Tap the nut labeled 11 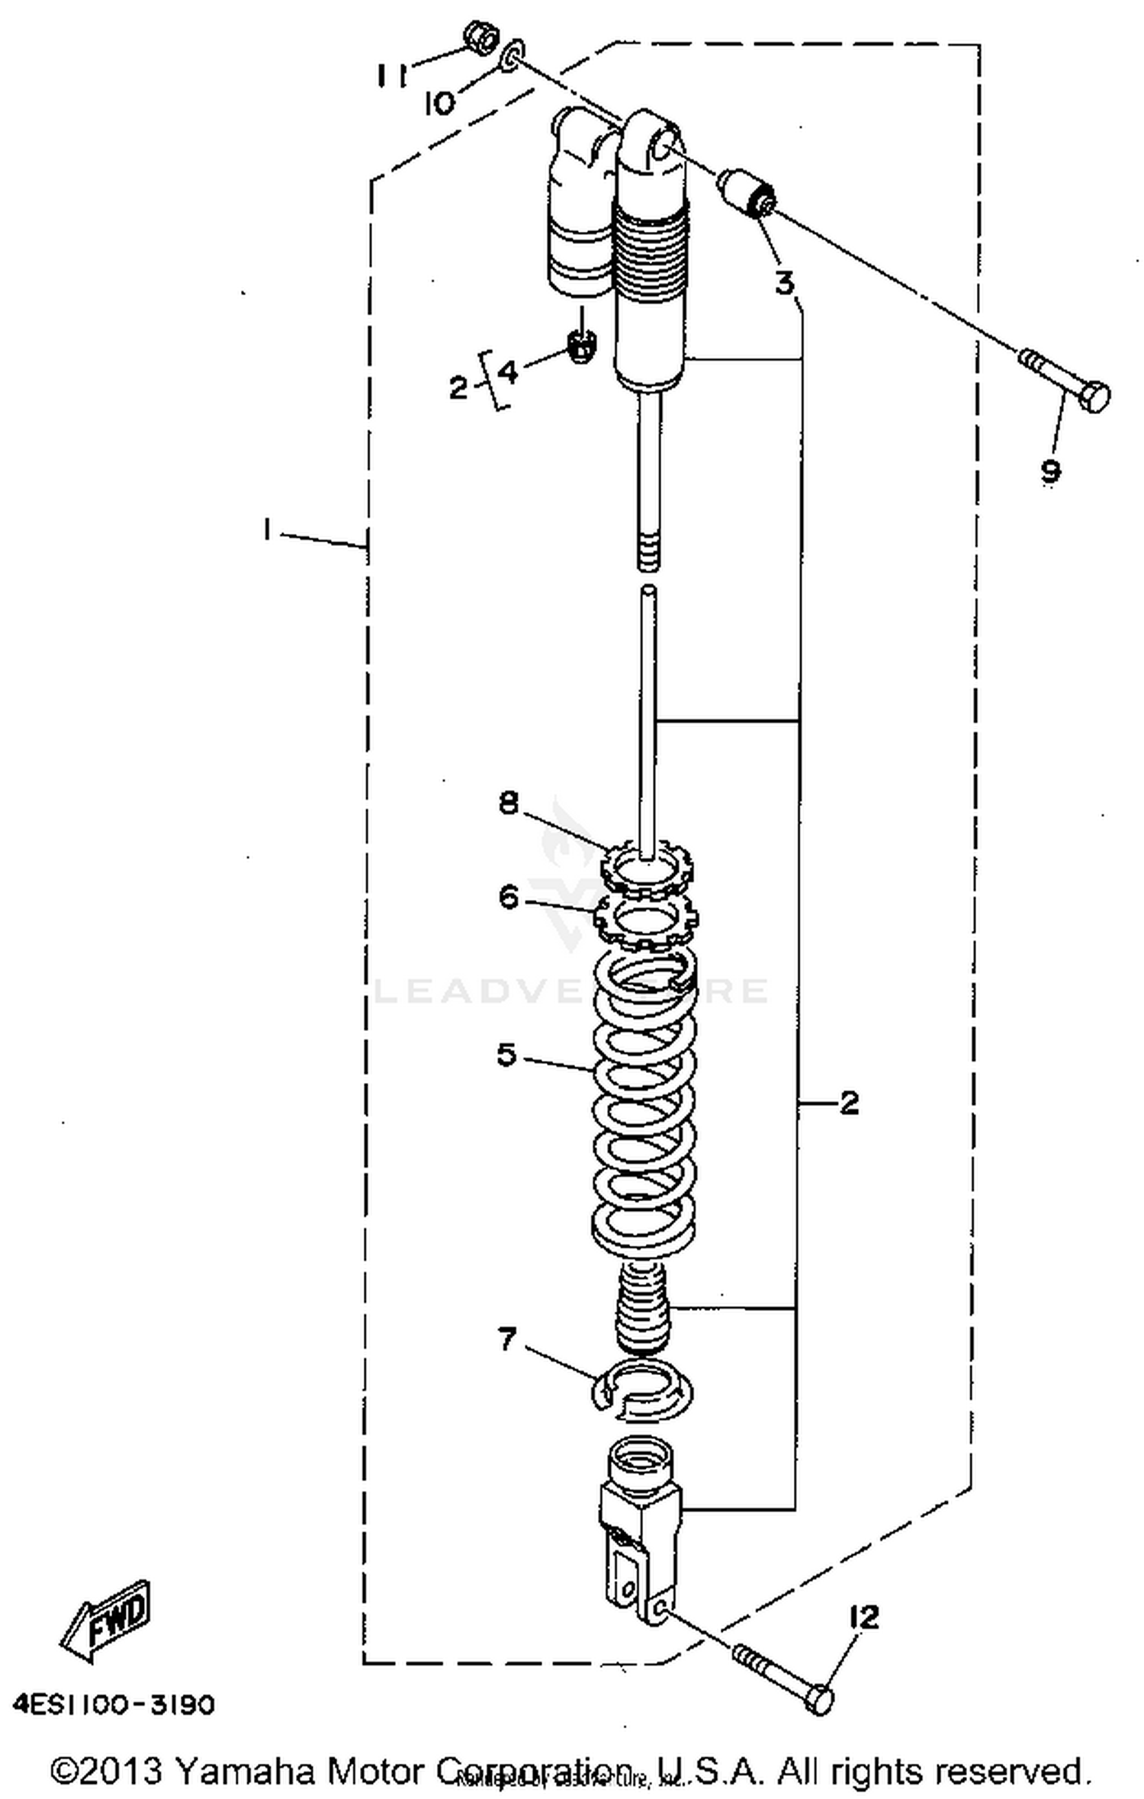point(479,36)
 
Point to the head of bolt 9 point(1096,397)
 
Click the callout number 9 point(1050,471)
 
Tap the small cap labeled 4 point(582,344)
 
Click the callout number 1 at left point(266,529)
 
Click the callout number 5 point(506,1055)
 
